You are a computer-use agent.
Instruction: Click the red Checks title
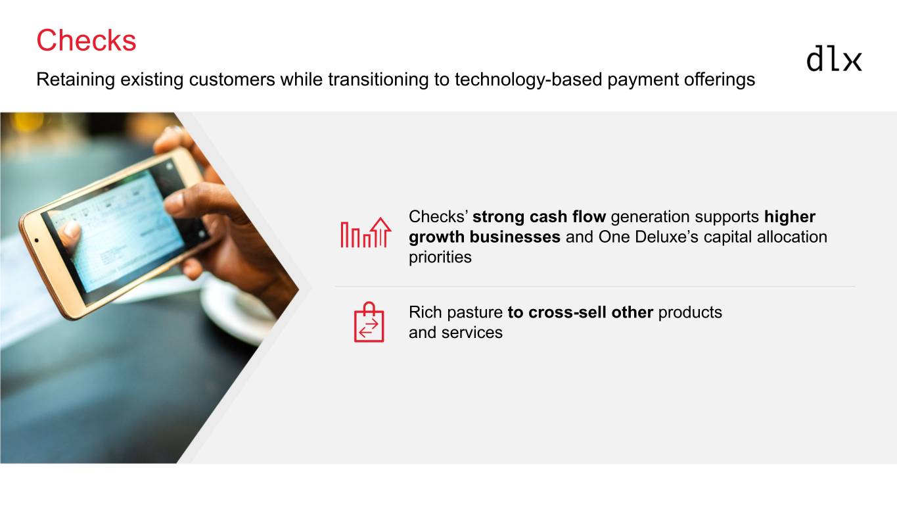click(86, 40)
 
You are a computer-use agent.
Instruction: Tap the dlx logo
click(834, 59)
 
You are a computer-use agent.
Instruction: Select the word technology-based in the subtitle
click(528, 80)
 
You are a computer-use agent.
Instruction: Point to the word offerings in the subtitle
click(719, 80)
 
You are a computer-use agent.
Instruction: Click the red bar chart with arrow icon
click(365, 233)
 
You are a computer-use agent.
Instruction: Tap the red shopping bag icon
click(369, 322)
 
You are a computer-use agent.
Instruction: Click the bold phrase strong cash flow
click(539, 216)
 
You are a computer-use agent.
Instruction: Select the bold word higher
click(790, 217)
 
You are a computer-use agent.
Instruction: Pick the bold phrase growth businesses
click(484, 237)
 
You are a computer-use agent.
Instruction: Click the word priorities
click(440, 257)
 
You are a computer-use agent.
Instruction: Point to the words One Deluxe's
click(649, 237)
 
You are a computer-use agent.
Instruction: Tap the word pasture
click(474, 312)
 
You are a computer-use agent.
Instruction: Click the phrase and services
click(455, 333)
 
